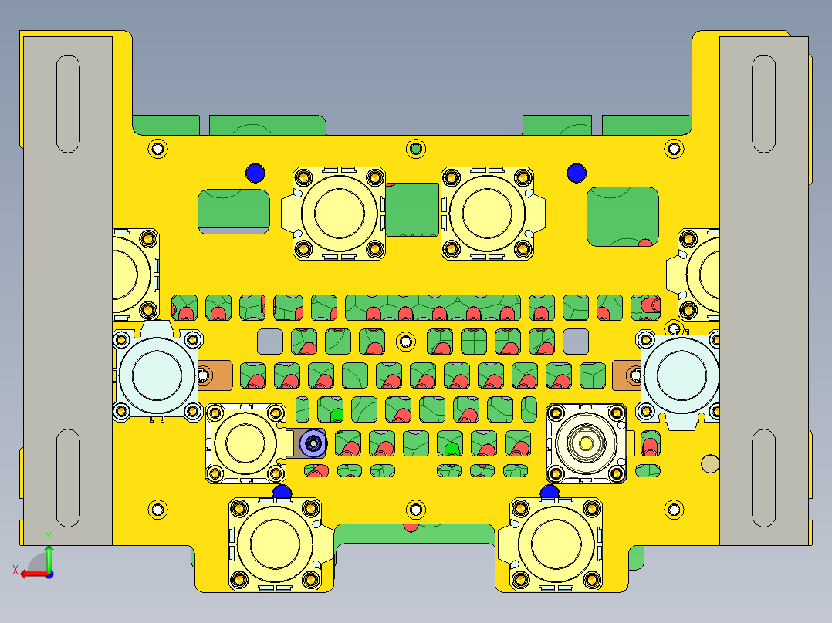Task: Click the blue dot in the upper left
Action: pos(255,173)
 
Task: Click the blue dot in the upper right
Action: pos(576,173)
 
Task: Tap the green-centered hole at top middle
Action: pos(416,148)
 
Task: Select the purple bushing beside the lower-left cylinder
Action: pos(313,443)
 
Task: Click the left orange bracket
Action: pos(215,375)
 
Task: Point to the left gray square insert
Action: pos(269,340)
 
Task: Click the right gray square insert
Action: pos(575,340)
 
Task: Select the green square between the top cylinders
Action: pos(412,209)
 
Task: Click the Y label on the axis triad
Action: pos(48,534)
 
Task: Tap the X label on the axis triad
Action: pos(15,570)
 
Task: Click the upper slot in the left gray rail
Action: pos(69,103)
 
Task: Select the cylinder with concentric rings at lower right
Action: pos(587,443)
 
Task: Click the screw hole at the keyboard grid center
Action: pos(405,340)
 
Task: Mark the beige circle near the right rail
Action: pos(709,463)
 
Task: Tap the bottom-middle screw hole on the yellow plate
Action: pos(416,509)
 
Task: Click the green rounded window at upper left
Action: pos(234,210)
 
